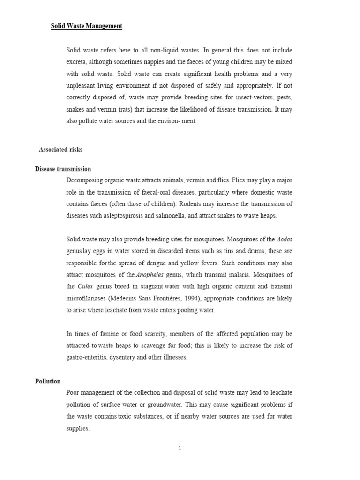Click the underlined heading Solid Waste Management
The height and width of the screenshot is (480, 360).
[86, 26]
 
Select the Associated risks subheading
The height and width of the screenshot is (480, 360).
[60, 150]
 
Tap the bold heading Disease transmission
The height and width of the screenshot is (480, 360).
[63, 169]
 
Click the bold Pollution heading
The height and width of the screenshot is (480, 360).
[48, 381]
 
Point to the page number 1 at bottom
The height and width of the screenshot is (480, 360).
[180, 448]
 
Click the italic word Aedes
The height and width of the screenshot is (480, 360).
[285, 239]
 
